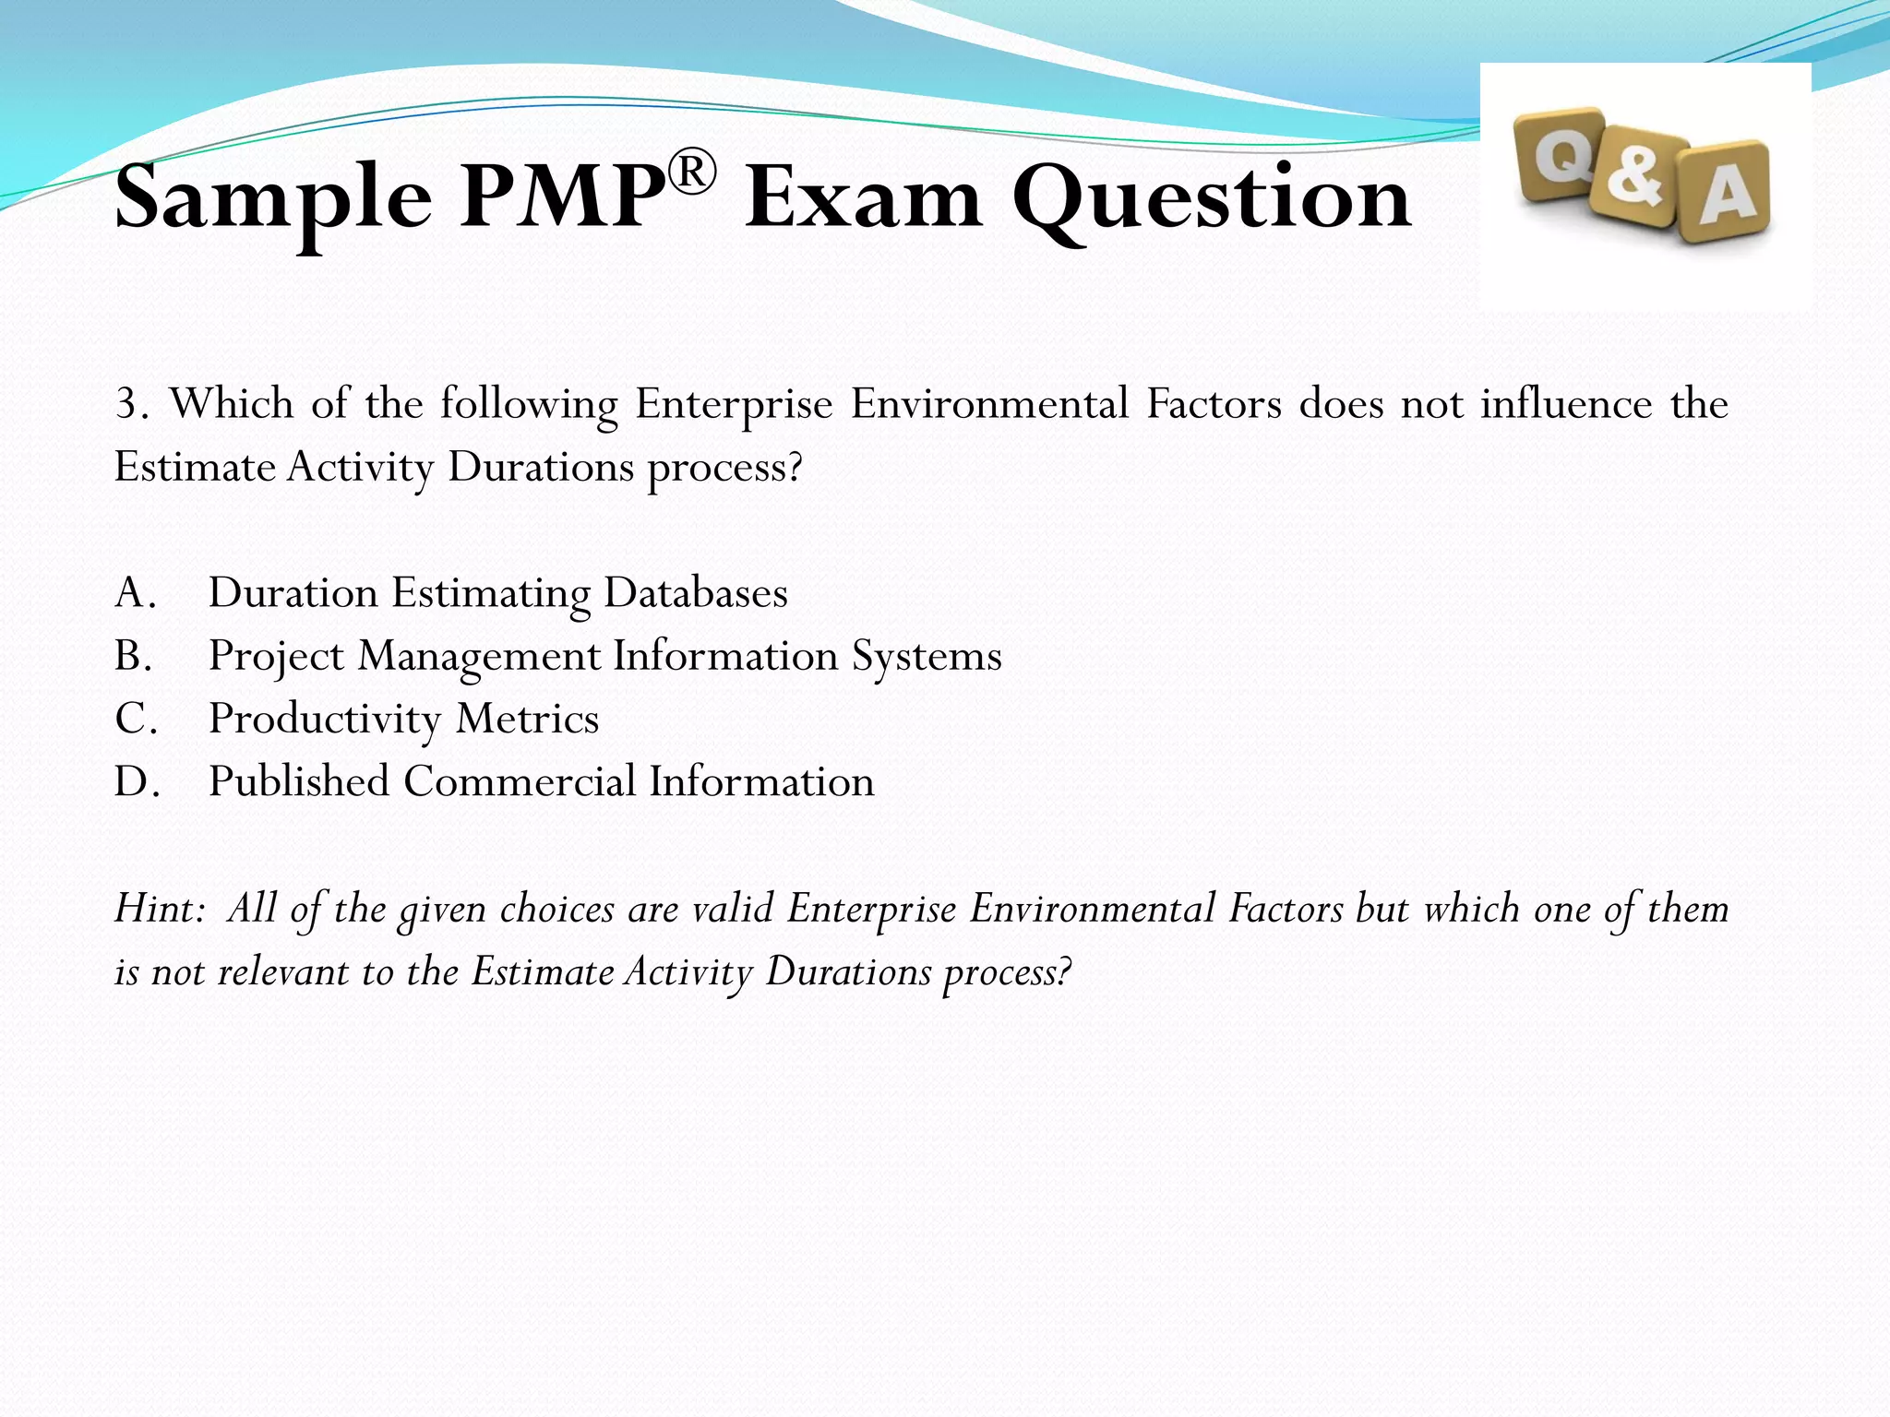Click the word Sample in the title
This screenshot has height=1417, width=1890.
(x=273, y=198)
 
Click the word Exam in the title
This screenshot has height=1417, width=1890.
(x=863, y=198)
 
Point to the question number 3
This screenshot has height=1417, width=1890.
(x=130, y=404)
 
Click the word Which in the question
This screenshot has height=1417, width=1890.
(x=232, y=404)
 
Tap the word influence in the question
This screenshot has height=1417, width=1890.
(x=1567, y=404)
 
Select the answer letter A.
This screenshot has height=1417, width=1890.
(x=132, y=593)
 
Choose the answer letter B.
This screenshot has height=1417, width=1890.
(x=132, y=656)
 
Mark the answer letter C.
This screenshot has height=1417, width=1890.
(x=132, y=719)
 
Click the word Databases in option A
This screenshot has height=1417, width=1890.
(x=696, y=593)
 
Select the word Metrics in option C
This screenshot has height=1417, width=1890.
(x=527, y=719)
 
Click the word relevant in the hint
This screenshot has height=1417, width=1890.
(x=281, y=972)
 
